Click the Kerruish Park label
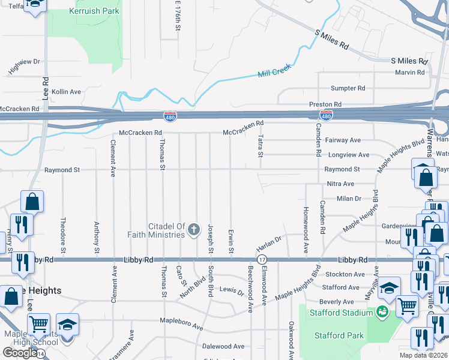(95, 11)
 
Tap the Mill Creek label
(274, 70)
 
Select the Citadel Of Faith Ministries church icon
(193, 229)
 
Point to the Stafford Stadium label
(337, 313)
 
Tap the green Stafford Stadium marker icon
(382, 311)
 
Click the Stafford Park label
(337, 336)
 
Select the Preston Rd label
(325, 104)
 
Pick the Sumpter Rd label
(348, 88)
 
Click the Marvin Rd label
(410, 73)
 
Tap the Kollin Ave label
(66, 92)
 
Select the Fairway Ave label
(343, 140)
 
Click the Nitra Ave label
(340, 184)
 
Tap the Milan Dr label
(349, 199)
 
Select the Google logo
(19, 353)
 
